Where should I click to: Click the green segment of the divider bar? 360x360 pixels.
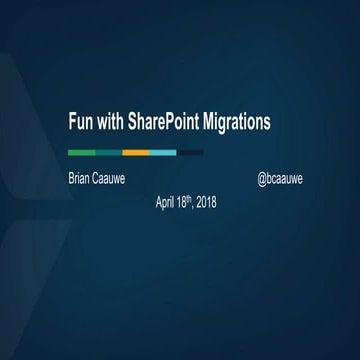tap(81, 152)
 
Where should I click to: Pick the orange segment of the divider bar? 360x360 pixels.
tap(135, 152)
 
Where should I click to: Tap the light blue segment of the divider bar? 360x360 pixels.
tap(163, 152)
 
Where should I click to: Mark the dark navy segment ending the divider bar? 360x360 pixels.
tap(190, 152)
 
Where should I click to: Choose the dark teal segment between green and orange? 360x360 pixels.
tap(109, 152)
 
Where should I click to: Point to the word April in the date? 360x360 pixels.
tap(167, 201)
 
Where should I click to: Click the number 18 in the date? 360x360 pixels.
tap(187, 201)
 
